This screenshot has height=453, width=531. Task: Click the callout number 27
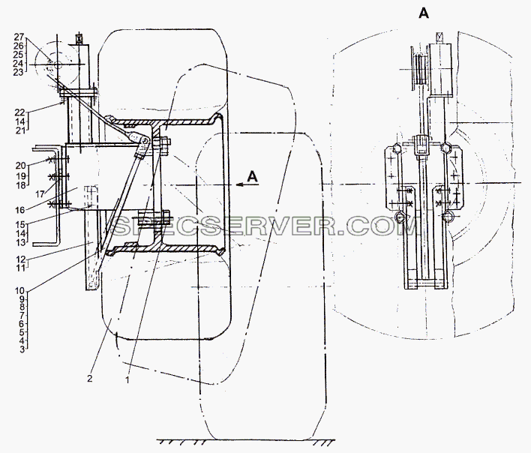point(19,37)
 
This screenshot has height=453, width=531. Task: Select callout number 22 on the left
point(20,112)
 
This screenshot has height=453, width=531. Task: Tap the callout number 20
point(20,165)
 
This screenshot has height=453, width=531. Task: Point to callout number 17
point(40,194)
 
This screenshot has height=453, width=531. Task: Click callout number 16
point(20,210)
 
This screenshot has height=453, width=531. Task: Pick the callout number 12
point(21,259)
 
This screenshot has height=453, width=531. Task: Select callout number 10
point(20,291)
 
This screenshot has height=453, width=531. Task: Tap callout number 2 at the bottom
point(89,378)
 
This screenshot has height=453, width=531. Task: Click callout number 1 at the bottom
point(127,379)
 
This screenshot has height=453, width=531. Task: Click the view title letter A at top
point(424,13)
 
